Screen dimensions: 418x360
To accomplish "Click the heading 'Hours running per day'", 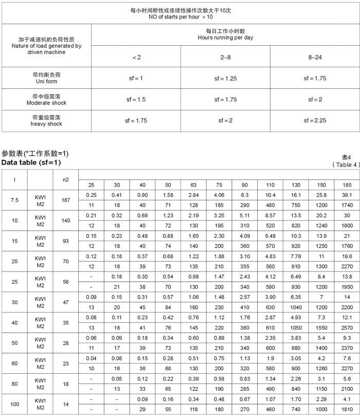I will pyautogui.click(x=225, y=38).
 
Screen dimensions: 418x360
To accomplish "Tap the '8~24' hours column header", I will pyautogui.click(x=315, y=57).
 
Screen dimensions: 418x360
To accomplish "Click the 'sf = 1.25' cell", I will pyautogui.click(x=225, y=78).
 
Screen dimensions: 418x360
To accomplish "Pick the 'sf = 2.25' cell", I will pyautogui.click(x=315, y=120).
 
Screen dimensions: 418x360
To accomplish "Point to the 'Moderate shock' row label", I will pyautogui.click(x=46, y=103).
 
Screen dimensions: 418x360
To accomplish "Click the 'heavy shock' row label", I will pyautogui.click(x=46, y=124).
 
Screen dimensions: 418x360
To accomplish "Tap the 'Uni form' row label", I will pyautogui.click(x=46, y=81).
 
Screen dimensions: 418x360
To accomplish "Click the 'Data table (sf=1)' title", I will pyautogui.click(x=31, y=162).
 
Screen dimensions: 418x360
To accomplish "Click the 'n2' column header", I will pyautogui.click(x=66, y=179).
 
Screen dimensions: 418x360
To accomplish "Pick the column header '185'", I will pyautogui.click(x=347, y=185).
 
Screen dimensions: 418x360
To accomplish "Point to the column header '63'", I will pyautogui.click(x=193, y=185).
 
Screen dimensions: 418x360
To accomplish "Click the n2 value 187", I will pyautogui.click(x=66, y=200).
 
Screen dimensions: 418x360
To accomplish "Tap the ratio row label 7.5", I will pyautogui.click(x=14, y=200).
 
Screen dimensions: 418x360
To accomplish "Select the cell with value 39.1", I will pyautogui.click(x=347, y=195).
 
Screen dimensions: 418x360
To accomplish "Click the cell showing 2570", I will pyautogui.click(x=347, y=328).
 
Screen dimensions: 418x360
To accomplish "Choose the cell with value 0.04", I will pyautogui.click(x=91, y=358).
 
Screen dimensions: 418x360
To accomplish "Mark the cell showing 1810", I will pyautogui.click(x=347, y=409).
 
